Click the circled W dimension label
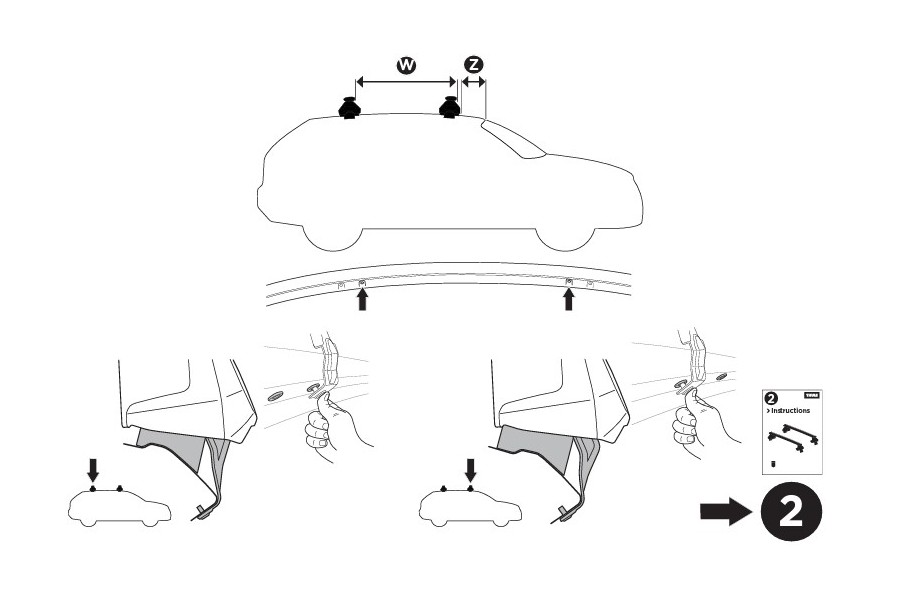[x=406, y=65]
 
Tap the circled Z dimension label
[x=473, y=65]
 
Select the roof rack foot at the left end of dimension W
[x=349, y=108]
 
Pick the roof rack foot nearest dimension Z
[x=450, y=108]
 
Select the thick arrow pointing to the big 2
[x=724, y=512]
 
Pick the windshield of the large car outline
[x=513, y=140]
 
